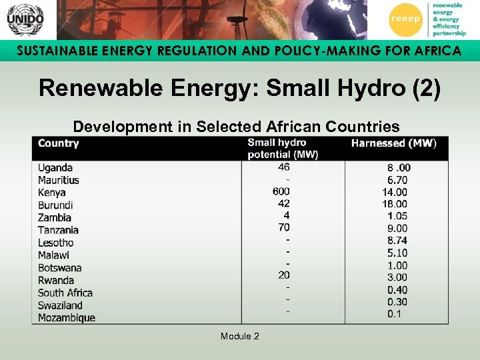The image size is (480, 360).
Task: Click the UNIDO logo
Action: click(x=25, y=19)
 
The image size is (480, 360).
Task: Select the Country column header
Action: click(x=59, y=143)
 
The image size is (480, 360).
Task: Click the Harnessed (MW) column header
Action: click(x=393, y=143)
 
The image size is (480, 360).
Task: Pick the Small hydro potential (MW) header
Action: click(x=283, y=148)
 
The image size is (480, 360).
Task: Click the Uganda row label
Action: click(x=55, y=168)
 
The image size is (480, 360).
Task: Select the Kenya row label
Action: click(x=52, y=193)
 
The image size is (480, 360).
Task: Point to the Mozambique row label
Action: click(x=67, y=318)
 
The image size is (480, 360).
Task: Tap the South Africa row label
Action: click(x=65, y=293)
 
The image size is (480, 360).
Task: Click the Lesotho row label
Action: click(x=56, y=243)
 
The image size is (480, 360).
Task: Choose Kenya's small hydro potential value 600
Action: click(x=281, y=191)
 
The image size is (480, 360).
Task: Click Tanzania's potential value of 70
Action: click(x=283, y=227)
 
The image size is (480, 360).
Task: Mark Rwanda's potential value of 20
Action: click(x=284, y=275)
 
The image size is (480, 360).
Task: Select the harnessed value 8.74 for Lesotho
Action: click(x=397, y=241)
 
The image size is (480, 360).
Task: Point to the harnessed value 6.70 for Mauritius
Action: click(x=397, y=180)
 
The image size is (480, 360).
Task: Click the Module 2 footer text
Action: click(x=240, y=336)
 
